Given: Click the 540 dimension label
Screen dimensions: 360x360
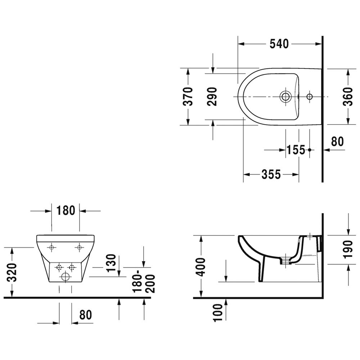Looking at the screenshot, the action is (x=279, y=44).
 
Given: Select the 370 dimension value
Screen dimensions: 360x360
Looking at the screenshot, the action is (x=188, y=96).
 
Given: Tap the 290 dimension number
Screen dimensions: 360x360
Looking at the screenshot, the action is (x=212, y=96).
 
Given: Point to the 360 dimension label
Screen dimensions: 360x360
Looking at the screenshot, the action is (x=348, y=96).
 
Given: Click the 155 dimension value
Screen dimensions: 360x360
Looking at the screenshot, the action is (x=296, y=150).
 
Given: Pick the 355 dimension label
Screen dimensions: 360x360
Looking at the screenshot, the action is (x=271, y=174).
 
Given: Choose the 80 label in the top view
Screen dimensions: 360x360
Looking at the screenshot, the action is (x=337, y=141).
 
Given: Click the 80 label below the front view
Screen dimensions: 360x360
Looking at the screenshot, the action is (x=86, y=315).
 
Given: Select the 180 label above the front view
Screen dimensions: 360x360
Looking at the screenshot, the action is (x=66, y=211).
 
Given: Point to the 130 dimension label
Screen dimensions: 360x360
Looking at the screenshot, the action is (x=112, y=263).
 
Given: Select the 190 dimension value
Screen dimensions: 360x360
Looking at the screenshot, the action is (x=348, y=249).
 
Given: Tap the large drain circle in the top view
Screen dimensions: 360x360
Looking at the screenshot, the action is (x=285, y=96).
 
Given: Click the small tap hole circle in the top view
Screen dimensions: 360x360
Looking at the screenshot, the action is (x=310, y=96).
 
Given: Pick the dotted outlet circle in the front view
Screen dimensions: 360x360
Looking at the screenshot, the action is (x=66, y=276).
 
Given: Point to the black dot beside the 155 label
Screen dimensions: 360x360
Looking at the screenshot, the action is (x=310, y=150).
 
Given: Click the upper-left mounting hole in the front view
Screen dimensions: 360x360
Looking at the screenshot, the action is (x=51, y=247).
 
